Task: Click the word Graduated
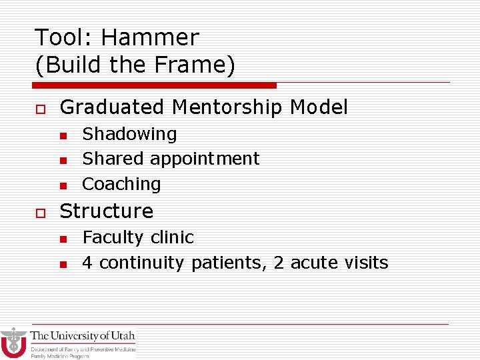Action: (x=112, y=107)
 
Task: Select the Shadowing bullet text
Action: (x=129, y=134)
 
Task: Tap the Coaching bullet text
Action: (x=121, y=184)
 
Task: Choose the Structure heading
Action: (x=107, y=211)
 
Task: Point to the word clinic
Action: (x=172, y=237)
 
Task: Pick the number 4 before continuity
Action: (x=87, y=263)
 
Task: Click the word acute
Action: (x=317, y=263)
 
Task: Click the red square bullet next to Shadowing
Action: (x=63, y=136)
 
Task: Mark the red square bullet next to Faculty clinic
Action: (x=63, y=239)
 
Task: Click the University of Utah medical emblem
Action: (x=13, y=343)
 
